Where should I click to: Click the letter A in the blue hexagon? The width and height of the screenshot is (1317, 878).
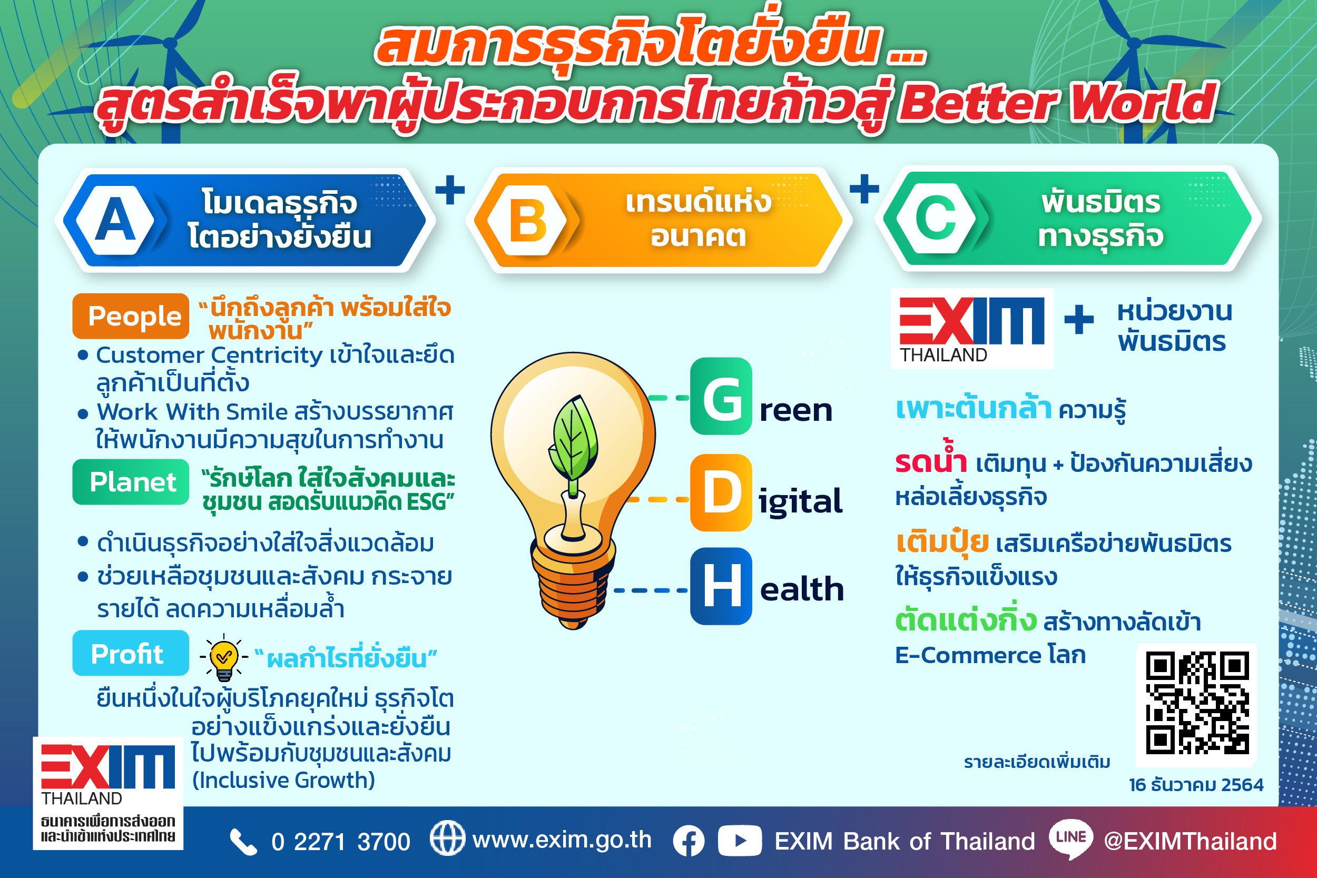coord(115,220)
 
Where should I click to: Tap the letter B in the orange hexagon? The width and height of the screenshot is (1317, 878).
coord(527,221)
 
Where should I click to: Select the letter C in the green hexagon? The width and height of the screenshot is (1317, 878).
coord(936,219)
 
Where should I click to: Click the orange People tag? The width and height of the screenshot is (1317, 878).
coord(131,316)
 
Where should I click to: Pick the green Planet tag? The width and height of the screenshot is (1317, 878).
coord(131,481)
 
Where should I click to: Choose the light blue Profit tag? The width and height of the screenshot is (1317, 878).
coord(131,653)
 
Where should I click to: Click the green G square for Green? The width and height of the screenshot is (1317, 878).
coord(721,397)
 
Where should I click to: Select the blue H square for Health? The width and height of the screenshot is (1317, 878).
coord(721,586)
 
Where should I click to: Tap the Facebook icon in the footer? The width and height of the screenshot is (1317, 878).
coord(689,841)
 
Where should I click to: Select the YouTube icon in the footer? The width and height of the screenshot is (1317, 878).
coord(740,841)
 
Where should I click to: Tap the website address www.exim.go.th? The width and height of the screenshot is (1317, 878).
coord(562,840)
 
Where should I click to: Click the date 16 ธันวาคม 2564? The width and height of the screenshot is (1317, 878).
coord(1196,784)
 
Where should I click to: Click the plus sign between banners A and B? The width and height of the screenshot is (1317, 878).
coord(450,190)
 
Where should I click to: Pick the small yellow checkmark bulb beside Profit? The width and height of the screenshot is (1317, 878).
coord(224,657)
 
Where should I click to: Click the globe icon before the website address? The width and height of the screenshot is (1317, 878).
coord(447,838)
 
